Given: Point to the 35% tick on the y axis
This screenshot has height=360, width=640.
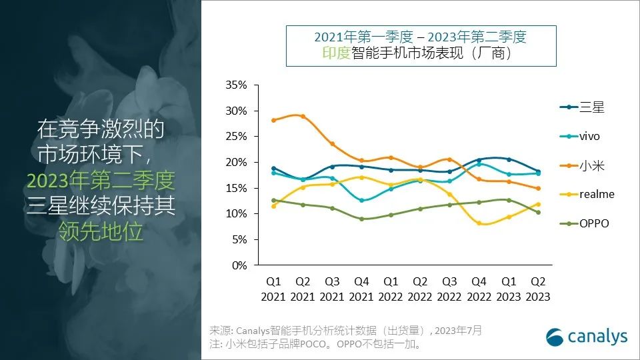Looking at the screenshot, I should [235, 85].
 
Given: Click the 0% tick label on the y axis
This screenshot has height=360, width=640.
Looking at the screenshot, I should [238, 265].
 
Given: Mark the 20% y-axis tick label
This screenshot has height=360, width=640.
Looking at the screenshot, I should [235, 162].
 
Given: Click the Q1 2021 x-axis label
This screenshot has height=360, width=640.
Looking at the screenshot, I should [273, 289].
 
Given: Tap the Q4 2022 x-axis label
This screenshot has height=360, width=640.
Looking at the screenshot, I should [478, 289].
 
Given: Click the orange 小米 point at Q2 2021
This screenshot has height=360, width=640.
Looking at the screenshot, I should [303, 117].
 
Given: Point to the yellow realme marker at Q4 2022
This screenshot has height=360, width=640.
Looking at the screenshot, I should [478, 223].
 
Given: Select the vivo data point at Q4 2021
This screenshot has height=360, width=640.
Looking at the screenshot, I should [361, 200].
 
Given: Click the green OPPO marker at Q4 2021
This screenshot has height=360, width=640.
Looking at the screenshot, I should [361, 219].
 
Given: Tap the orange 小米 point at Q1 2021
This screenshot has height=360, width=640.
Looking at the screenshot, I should [273, 120].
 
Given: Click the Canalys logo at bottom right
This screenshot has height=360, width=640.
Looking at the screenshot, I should [586, 337].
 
